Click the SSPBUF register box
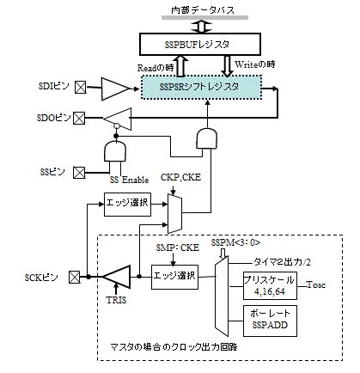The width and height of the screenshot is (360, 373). tap(200, 44)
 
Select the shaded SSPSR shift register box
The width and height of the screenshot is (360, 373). tap(202, 87)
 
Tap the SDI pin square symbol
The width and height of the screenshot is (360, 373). tap(81, 87)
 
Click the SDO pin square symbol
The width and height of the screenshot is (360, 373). tap(79, 118)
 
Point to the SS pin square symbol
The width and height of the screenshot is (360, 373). tap(79, 173)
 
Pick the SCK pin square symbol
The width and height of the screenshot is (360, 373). tap(75, 277)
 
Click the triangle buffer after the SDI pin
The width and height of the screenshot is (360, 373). tap(115, 89)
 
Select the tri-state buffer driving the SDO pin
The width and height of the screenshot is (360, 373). tap(118, 119)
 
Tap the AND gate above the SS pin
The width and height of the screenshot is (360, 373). tap(115, 150)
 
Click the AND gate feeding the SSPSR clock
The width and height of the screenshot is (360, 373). tap(206, 138)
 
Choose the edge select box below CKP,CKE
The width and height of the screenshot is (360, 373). tap(127, 205)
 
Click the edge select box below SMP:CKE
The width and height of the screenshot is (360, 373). tap(174, 277)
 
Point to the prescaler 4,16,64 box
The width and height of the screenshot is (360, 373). tap(270, 285)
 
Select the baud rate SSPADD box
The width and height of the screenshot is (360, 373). tap(270, 321)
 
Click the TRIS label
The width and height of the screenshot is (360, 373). tap(116, 300)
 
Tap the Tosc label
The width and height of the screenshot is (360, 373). tap(316, 284)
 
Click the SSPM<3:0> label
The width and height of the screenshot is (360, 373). tap(236, 242)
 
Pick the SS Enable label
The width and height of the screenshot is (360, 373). tap(129, 180)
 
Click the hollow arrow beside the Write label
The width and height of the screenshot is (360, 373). tap(227, 65)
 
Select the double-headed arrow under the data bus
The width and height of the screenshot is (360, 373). tap(202, 27)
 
